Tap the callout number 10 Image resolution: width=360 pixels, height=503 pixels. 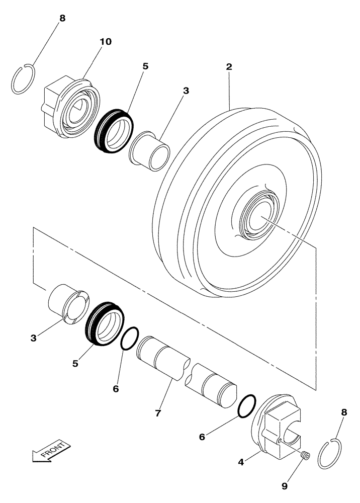[106, 41]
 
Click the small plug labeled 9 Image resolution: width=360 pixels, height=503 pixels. [305, 456]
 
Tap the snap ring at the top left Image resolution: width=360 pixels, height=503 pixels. [23, 79]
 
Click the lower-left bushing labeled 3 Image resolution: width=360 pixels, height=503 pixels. [68, 301]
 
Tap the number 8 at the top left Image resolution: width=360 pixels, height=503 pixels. [62, 18]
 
